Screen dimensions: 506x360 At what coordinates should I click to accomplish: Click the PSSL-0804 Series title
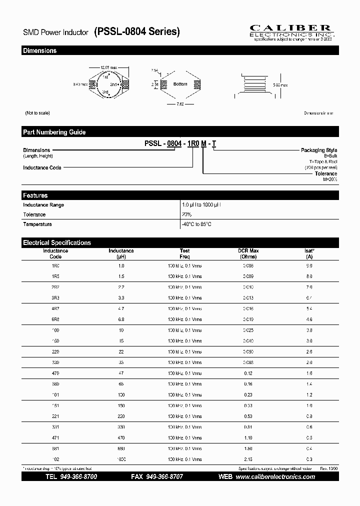[x=136, y=32]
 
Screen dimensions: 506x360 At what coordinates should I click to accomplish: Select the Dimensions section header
[x=39, y=51]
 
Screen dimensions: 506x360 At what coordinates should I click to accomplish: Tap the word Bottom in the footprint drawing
[x=180, y=84]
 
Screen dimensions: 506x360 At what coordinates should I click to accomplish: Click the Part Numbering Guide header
[x=54, y=132]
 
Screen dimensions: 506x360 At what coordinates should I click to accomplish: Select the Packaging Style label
[x=318, y=150]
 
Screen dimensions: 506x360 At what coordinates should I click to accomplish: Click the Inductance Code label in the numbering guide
[x=42, y=168]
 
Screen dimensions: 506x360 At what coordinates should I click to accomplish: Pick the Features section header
[x=35, y=195]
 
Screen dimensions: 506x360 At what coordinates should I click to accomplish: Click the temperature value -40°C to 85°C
[x=196, y=224]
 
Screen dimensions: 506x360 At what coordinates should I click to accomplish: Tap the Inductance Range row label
[x=43, y=205]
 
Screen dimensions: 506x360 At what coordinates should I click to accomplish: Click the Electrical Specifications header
[x=57, y=242]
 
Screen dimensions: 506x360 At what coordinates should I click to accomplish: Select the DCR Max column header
[x=248, y=253]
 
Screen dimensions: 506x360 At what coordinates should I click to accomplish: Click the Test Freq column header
[x=184, y=253]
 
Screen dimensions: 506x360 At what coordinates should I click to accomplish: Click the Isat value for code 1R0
[x=309, y=266]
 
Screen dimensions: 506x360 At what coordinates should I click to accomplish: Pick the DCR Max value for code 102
[x=248, y=459]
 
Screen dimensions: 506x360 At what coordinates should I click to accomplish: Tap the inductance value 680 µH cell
[x=120, y=448]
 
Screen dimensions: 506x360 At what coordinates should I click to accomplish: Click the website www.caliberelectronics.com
[x=275, y=477]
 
